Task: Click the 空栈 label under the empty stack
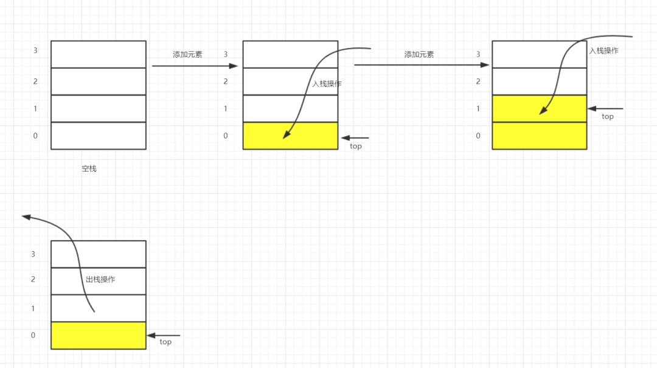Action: [89, 168]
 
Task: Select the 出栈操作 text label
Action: [100, 280]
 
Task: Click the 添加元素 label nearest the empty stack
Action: [187, 55]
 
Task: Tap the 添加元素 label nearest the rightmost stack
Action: [419, 55]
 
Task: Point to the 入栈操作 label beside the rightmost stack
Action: [604, 50]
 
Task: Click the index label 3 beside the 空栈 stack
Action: [35, 50]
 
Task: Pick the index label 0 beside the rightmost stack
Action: [478, 136]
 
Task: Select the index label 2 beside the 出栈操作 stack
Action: [33, 279]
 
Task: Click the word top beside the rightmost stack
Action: [608, 117]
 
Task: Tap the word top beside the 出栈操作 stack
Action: [165, 342]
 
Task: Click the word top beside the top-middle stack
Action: [356, 146]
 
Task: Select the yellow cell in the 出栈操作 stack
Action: [99, 335]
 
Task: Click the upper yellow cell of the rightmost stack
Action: [539, 108]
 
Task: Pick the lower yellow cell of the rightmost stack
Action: [539, 136]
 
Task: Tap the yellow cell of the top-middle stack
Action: [290, 136]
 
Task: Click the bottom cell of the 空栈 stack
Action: [99, 136]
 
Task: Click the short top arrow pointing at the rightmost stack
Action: [605, 108]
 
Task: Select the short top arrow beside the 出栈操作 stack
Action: [164, 335]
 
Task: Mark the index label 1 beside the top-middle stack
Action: [226, 108]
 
